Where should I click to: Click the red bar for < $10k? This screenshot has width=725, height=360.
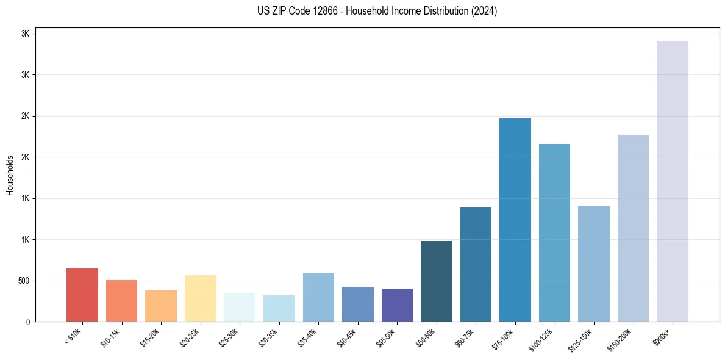[82, 295]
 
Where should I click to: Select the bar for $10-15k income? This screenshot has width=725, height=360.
[121, 301]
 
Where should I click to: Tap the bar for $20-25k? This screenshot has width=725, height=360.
[200, 298]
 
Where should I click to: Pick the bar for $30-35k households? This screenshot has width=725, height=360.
[279, 309]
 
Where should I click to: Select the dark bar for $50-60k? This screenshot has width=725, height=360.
[437, 281]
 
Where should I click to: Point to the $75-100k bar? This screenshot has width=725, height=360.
[515, 220]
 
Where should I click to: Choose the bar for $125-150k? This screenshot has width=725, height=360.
[594, 264]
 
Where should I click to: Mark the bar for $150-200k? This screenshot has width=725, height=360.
[633, 228]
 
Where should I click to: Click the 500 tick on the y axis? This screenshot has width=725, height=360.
[24, 281]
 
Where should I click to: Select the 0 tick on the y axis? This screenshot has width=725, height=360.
[29, 322]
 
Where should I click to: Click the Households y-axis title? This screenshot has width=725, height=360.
[10, 175]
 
